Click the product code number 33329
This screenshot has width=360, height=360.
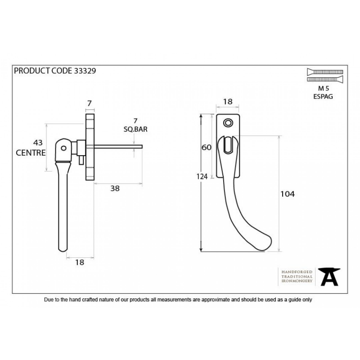point(85,71)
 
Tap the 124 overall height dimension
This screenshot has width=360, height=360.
point(202,176)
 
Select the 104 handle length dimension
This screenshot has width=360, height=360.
point(288,194)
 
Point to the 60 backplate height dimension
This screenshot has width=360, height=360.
point(206,147)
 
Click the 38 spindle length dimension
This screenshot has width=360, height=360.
point(115,189)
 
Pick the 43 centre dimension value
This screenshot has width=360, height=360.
point(38,143)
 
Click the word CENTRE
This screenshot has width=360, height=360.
point(31,153)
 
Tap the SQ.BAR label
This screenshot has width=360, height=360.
point(135,129)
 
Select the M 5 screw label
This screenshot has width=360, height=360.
point(324,88)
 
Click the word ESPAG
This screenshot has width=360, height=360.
point(323,96)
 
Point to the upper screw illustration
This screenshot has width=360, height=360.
point(325,72)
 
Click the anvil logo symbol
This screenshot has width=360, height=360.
point(329,277)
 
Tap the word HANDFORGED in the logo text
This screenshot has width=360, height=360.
point(297,272)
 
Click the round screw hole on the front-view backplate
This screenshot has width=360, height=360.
point(228,123)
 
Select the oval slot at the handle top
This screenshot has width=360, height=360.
point(228,145)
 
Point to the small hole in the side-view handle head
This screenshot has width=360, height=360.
point(63,148)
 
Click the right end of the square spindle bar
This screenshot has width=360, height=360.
point(142,147)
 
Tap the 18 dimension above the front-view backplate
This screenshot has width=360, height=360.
point(228,102)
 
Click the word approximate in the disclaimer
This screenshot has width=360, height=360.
point(216,300)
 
